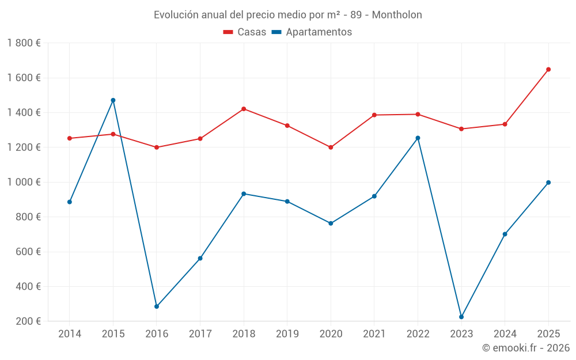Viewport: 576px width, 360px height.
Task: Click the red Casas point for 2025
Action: click(x=548, y=69)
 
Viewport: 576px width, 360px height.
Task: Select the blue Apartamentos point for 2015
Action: click(x=113, y=100)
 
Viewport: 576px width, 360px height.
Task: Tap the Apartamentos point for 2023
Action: click(x=461, y=317)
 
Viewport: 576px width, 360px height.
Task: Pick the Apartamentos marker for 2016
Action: click(x=157, y=306)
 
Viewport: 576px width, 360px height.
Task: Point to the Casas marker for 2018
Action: click(x=244, y=109)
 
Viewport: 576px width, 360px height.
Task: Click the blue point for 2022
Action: click(x=418, y=138)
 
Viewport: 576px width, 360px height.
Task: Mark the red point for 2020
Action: click(x=331, y=147)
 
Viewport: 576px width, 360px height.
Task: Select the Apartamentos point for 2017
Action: click(x=200, y=258)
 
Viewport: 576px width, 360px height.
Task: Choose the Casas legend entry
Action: click(x=245, y=32)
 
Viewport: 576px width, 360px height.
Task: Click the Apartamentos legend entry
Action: click(x=311, y=32)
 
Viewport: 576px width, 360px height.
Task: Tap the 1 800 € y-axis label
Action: click(x=24, y=43)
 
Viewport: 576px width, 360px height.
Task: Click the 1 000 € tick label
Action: click(x=24, y=182)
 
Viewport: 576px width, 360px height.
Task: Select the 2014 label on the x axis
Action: click(x=70, y=334)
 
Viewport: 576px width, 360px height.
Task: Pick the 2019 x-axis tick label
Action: click(x=287, y=334)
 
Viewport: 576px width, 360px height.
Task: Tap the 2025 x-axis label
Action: click(x=548, y=334)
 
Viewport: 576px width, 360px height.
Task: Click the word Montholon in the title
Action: click(x=397, y=15)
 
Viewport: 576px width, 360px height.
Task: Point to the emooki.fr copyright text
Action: click(x=526, y=348)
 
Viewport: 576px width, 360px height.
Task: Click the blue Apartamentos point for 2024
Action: click(x=505, y=234)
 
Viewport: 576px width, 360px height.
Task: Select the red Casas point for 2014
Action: click(x=70, y=138)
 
